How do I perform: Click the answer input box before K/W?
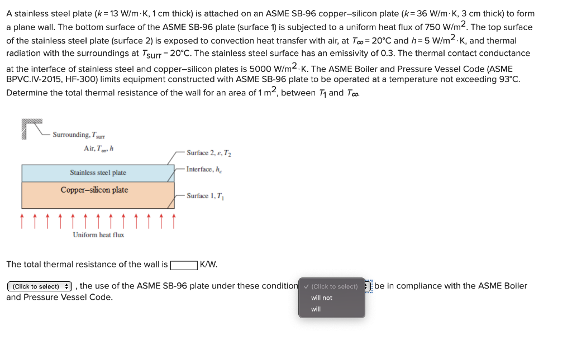(x=184, y=265)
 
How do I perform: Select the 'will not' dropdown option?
(x=322, y=298)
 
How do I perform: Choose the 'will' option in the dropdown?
(x=316, y=309)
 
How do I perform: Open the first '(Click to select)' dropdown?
(x=40, y=286)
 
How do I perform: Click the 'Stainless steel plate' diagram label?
(x=98, y=173)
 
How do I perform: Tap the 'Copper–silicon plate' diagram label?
(x=94, y=190)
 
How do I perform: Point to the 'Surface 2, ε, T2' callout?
(x=205, y=153)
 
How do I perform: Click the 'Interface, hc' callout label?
(x=204, y=169)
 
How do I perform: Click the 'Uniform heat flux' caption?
(x=98, y=235)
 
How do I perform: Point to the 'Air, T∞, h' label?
(x=99, y=148)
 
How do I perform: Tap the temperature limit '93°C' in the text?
(x=507, y=79)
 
